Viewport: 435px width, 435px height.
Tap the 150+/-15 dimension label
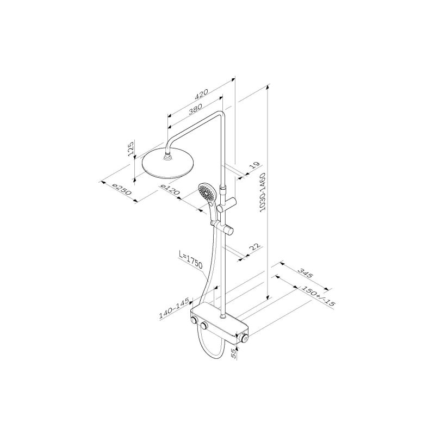(318, 296)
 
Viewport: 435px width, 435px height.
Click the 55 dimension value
(234, 353)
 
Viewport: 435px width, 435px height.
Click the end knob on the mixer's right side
(244, 339)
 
